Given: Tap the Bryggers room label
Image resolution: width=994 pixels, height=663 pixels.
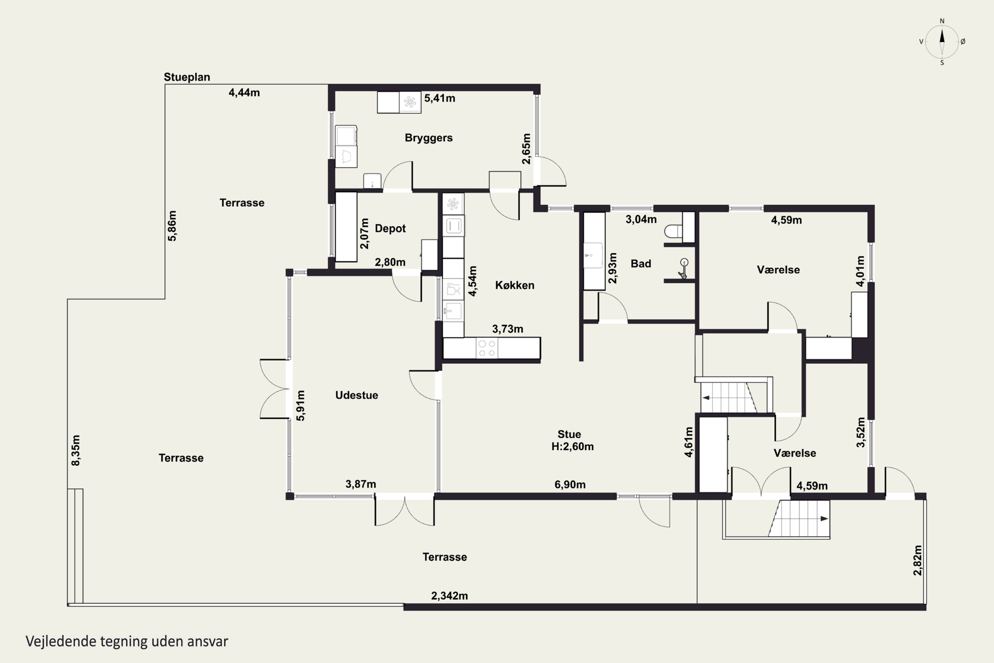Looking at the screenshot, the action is (x=428, y=138).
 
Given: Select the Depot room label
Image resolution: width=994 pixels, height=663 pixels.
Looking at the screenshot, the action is (x=390, y=228).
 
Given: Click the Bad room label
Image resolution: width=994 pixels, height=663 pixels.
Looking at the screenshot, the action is (x=641, y=264).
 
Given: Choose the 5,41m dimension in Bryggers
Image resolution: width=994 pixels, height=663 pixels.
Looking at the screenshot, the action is (x=440, y=98).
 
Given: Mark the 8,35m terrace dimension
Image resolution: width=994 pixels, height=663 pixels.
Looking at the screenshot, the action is (x=76, y=450).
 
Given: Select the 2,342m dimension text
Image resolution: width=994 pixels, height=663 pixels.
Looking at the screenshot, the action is (x=449, y=596).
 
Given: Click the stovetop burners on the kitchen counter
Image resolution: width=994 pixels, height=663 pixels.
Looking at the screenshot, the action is (x=486, y=348).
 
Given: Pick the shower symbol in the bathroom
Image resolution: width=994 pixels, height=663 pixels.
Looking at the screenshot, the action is (x=683, y=269).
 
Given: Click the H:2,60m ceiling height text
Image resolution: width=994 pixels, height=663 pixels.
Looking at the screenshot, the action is (x=572, y=447).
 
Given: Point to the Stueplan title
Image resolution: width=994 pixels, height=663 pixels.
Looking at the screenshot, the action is (x=187, y=77).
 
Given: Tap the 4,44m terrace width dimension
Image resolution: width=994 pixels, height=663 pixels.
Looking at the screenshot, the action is (x=244, y=92).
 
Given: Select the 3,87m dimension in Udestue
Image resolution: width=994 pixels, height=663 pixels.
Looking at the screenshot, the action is (x=360, y=484).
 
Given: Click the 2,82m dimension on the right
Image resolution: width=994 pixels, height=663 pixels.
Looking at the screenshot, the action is (x=917, y=560).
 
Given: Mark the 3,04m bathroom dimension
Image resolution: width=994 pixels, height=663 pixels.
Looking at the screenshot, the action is (x=641, y=219).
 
